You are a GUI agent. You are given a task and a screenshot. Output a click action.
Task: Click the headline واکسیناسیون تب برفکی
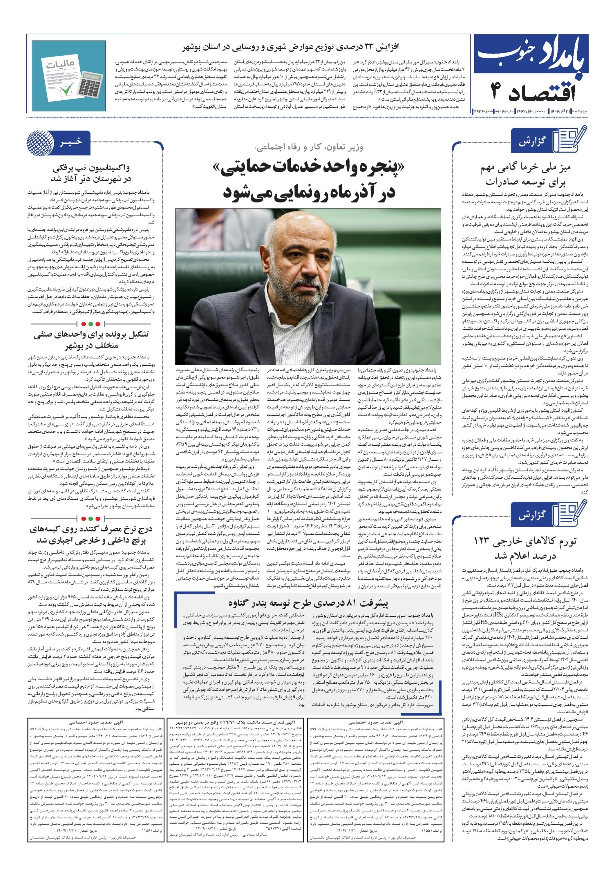(91, 168)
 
